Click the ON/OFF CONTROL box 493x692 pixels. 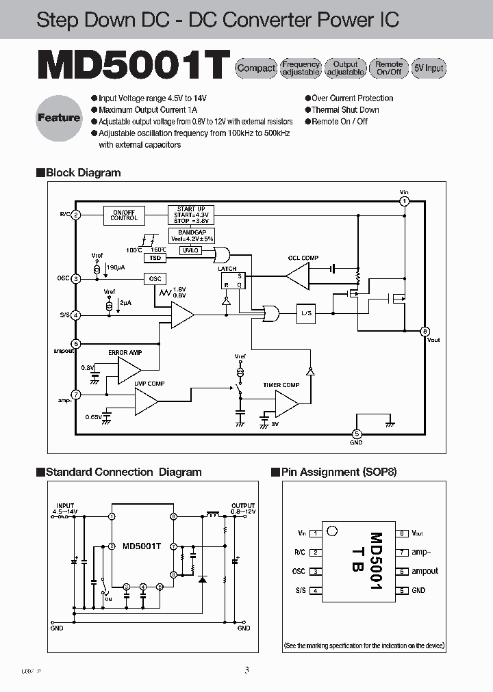pos(124,215)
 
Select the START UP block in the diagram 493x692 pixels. pos(191,215)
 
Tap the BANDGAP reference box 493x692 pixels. pos(191,235)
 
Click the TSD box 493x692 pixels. pos(155,258)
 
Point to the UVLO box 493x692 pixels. pos(190,251)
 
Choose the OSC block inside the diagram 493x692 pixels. pos(155,278)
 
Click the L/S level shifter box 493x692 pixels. pos(306,314)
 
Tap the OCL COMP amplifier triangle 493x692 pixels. pos(296,276)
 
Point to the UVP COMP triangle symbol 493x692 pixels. pos(145,401)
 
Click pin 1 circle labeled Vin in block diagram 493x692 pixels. pos(405,201)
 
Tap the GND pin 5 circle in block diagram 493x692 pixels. pos(356,434)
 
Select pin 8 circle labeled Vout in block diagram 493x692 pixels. pos(425,331)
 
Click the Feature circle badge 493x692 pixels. pos(59,118)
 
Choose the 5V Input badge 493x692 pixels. pos(429,68)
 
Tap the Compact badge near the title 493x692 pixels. pos(256,68)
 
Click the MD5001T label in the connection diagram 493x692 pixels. pos(142,546)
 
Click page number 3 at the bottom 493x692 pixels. pos(246,670)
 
